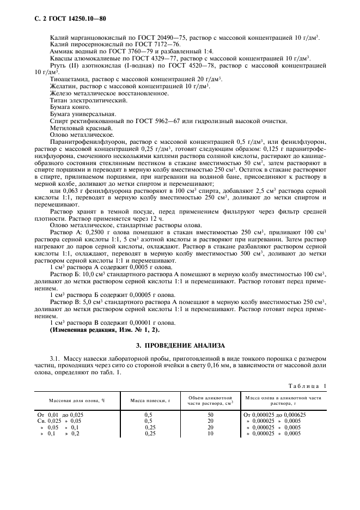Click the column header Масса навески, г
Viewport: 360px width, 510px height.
[150, 400]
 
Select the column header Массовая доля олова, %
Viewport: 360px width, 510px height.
[77, 400]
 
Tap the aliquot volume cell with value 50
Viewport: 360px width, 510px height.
[210, 415]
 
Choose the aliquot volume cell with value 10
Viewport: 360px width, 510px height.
[210, 434]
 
